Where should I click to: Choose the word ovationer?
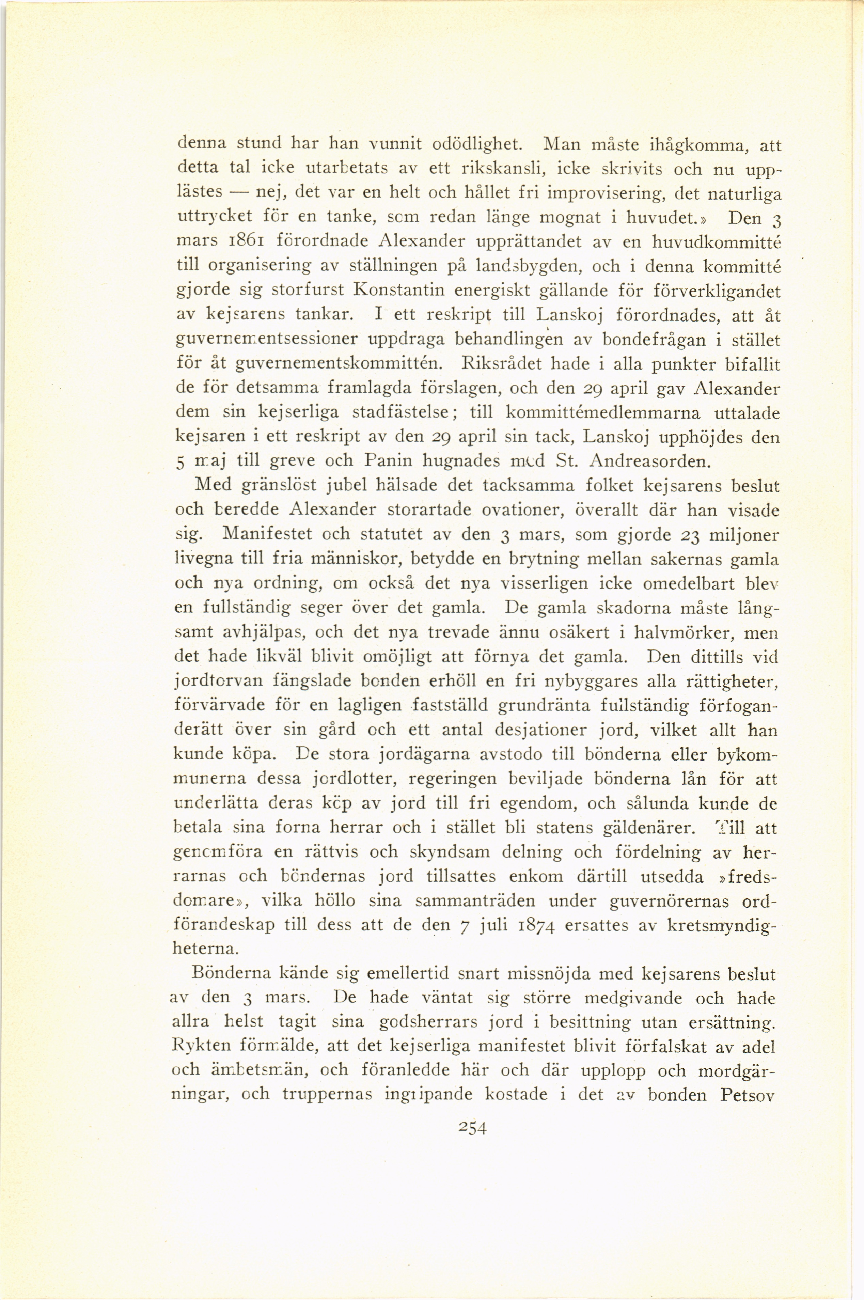[x=514, y=510]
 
